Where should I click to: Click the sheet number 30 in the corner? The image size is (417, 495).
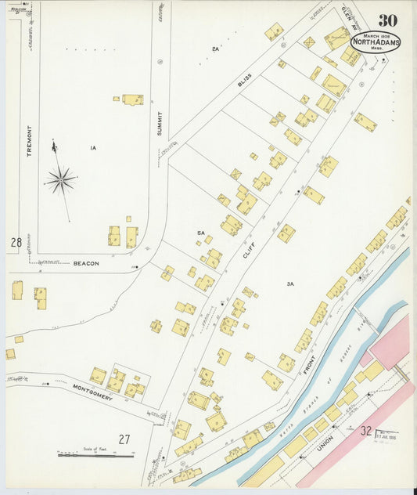387,20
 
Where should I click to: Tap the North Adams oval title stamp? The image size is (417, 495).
376,42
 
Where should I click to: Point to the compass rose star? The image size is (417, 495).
59,180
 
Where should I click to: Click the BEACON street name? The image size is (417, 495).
86,264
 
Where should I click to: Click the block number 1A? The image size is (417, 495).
92,147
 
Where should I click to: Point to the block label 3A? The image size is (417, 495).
289,284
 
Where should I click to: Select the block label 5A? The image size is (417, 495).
200,233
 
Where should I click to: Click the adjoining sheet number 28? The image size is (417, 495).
16,243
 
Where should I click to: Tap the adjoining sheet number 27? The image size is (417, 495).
124,439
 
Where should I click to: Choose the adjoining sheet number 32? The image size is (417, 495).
366,429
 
